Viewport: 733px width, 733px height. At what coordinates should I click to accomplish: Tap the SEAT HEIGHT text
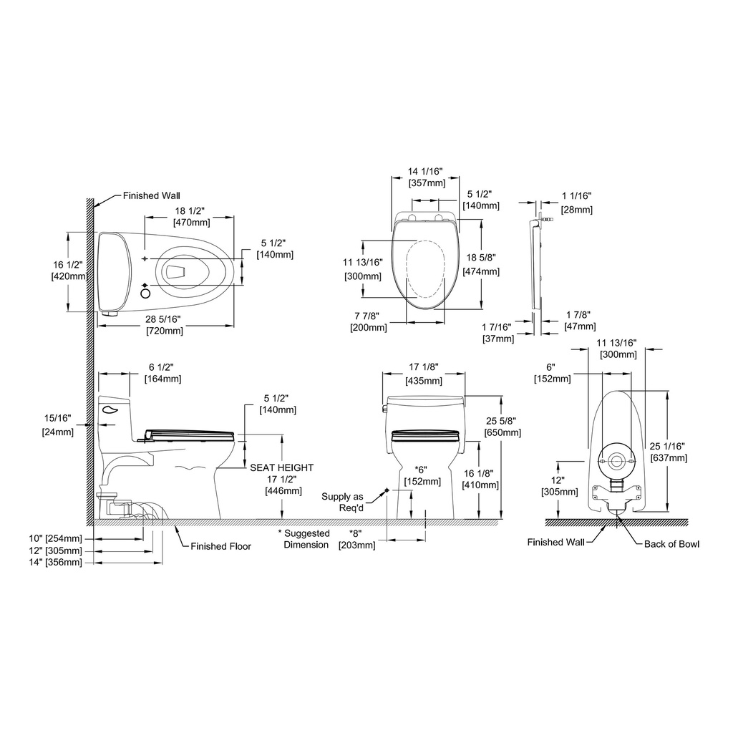pos(281,467)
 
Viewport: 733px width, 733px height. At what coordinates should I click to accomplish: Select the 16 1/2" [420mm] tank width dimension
pos(69,271)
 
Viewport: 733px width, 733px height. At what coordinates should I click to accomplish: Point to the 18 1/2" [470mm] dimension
pos(192,216)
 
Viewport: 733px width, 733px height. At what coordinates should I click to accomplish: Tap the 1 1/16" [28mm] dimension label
pos(577,203)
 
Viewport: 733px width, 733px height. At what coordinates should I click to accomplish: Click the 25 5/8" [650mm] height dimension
pos(503,427)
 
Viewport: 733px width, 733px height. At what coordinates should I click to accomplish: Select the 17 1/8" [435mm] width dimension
pos(424,374)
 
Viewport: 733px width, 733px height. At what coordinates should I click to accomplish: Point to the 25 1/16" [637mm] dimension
pos(669,452)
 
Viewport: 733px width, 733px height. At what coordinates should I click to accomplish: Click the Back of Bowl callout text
pos(671,544)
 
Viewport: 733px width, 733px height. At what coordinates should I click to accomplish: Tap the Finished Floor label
pos(220,546)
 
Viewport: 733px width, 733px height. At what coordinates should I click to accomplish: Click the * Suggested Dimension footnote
pos(304,539)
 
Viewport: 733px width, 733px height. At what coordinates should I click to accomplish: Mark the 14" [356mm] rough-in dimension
pos(56,563)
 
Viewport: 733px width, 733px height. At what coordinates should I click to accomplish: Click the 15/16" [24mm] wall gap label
pos(58,424)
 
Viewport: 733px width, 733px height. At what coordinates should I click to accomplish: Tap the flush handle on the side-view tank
pos(111,410)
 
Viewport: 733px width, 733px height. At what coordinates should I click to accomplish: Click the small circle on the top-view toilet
pos(146,294)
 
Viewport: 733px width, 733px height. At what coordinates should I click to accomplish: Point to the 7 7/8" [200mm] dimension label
pos(369,321)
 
